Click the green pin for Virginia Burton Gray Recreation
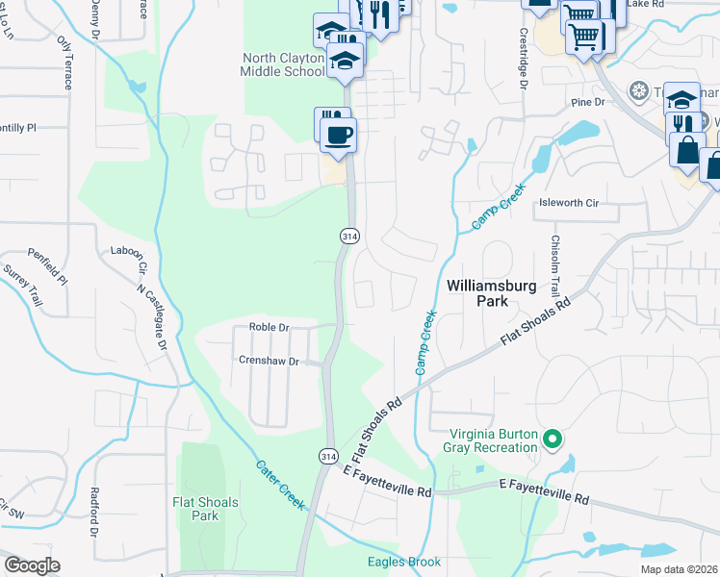[x=552, y=440]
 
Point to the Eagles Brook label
[x=403, y=562]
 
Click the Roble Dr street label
[x=270, y=327]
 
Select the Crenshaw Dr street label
[x=270, y=361]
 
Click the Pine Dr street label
[x=586, y=101]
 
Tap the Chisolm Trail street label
[x=555, y=265]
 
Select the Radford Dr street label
[x=94, y=514]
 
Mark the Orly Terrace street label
[x=65, y=63]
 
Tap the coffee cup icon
[x=338, y=133]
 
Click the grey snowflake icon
[x=637, y=92]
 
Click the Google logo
[x=33, y=564]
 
